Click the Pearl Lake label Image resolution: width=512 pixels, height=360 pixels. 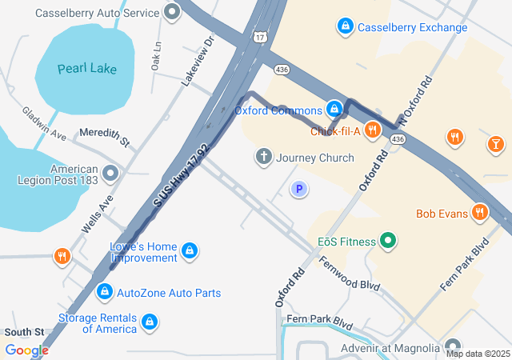pos(87,68)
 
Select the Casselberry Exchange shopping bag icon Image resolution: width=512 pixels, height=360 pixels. pos(345,26)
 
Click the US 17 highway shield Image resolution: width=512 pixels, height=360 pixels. pos(262,37)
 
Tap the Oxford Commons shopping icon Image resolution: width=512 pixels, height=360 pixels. pos(335,109)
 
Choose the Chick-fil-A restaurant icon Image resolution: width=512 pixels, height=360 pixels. pos(372,130)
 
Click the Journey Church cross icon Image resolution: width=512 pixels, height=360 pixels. pos(263,157)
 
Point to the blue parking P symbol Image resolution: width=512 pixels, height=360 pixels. pos(299,189)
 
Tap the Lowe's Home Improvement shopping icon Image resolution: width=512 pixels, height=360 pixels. pos(190,251)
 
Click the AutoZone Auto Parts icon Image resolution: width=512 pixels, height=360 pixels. pos(104,293)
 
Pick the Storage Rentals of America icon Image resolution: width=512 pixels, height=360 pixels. pos(149,322)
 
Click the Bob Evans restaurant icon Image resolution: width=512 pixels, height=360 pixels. pos(480,213)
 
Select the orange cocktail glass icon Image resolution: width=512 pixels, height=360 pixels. pos(496,144)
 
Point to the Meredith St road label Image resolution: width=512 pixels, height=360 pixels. pos(104,138)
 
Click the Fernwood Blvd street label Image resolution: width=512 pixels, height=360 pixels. pos(349,274)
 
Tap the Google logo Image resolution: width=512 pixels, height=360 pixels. pos(27,350)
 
